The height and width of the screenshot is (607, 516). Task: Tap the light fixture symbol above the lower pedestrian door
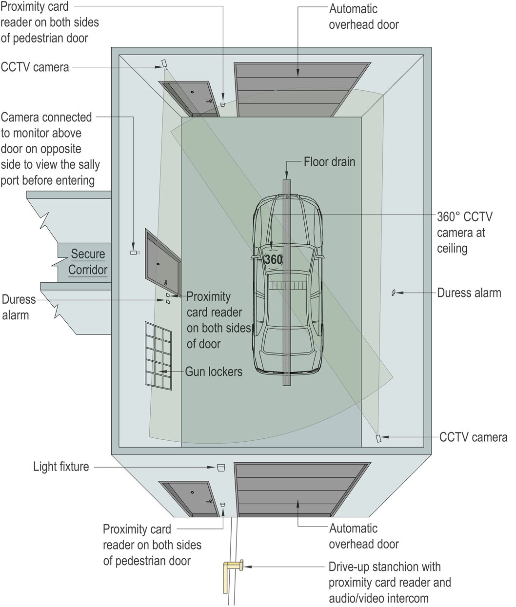220,468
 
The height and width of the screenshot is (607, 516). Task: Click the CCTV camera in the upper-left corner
164,63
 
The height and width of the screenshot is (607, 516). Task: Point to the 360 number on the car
273,260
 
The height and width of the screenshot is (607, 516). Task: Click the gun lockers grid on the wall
158,354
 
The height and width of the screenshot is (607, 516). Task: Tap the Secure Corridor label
88,262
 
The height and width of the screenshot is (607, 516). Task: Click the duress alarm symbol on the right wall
393,293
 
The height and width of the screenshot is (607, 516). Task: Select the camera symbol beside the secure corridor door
134,253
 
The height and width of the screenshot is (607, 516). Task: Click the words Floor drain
329,161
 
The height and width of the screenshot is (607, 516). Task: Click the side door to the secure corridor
163,263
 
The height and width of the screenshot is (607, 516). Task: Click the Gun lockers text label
214,372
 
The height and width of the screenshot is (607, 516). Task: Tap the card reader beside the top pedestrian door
223,104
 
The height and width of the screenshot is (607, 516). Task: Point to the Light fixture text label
61,467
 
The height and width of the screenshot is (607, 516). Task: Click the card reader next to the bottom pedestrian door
223,504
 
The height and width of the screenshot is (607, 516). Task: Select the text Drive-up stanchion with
384,567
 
